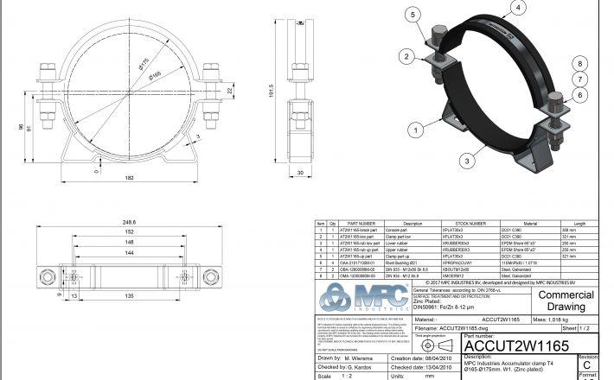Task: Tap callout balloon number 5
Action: pos(413,15)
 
